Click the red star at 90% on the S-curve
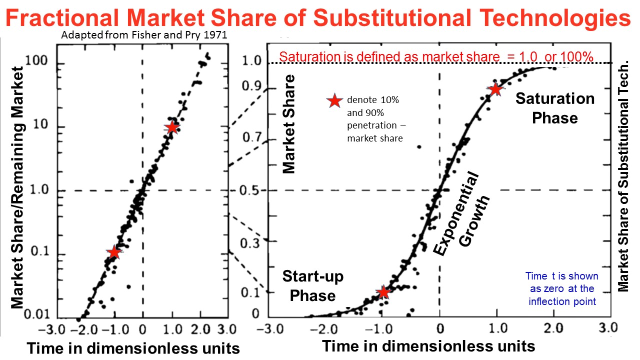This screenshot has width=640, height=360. (495, 89)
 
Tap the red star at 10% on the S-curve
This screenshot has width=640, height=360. (383, 292)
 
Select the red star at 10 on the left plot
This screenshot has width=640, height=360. (172, 127)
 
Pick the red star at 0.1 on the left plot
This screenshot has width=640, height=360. (114, 252)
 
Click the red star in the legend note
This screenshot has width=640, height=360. (333, 101)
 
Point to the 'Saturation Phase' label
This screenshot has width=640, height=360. (555, 108)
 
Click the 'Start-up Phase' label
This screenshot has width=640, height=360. (313, 285)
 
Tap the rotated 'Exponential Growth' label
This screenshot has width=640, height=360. (461, 215)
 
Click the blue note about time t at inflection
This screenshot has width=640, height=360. (561, 289)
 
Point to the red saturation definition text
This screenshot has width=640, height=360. (436, 56)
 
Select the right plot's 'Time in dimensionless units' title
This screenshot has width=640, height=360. (428, 346)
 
